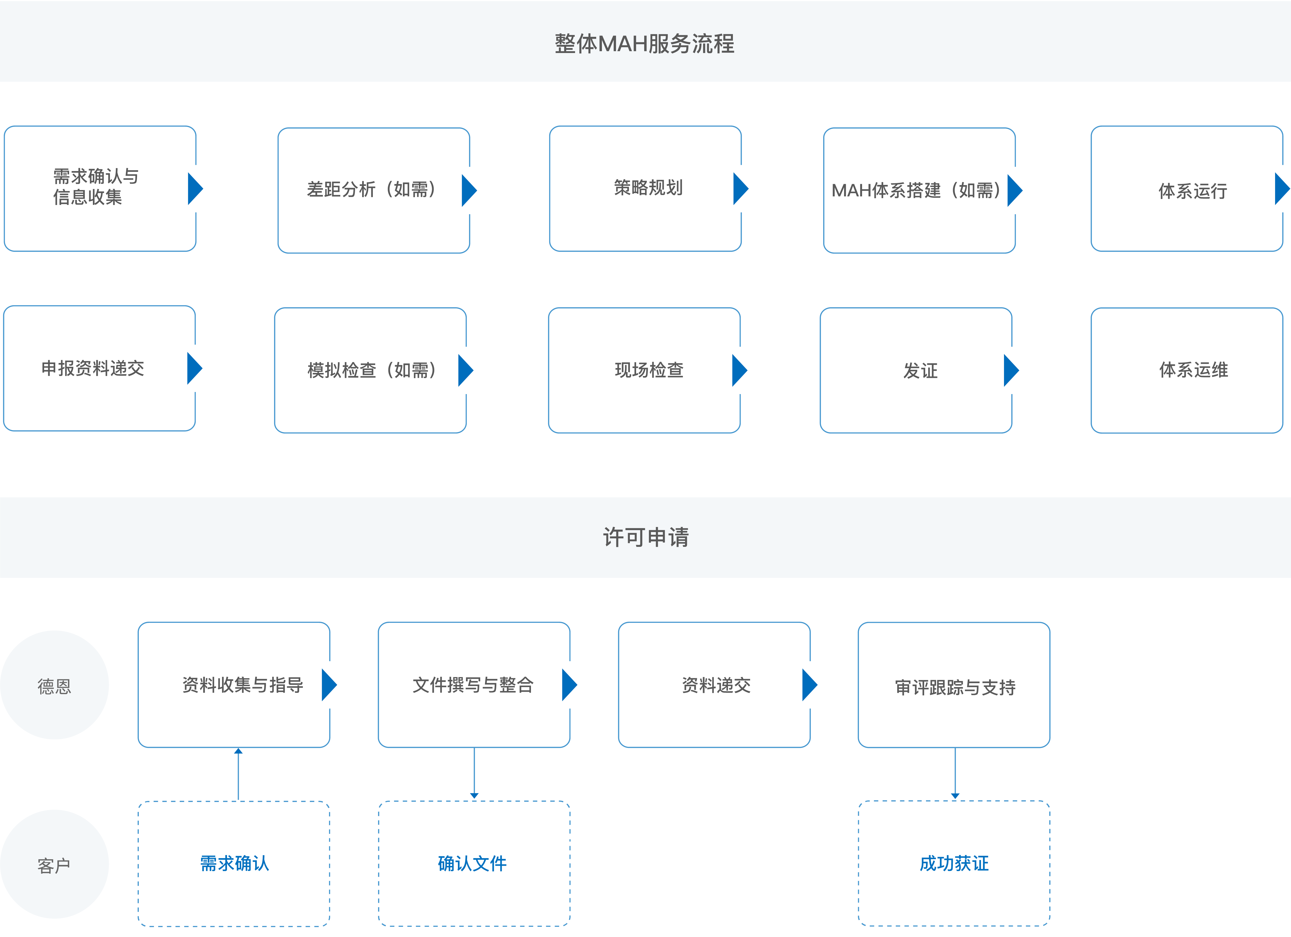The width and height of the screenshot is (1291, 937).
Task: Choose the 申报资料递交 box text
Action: (93, 368)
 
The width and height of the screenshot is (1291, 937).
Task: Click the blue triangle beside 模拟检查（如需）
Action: (465, 370)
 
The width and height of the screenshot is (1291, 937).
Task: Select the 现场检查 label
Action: (649, 370)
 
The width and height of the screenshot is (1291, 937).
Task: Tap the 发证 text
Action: (920, 371)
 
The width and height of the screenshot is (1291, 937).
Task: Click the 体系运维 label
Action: (1194, 370)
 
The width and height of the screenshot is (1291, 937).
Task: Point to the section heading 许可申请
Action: (645, 537)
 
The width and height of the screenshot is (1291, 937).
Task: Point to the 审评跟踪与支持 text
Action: (955, 688)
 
